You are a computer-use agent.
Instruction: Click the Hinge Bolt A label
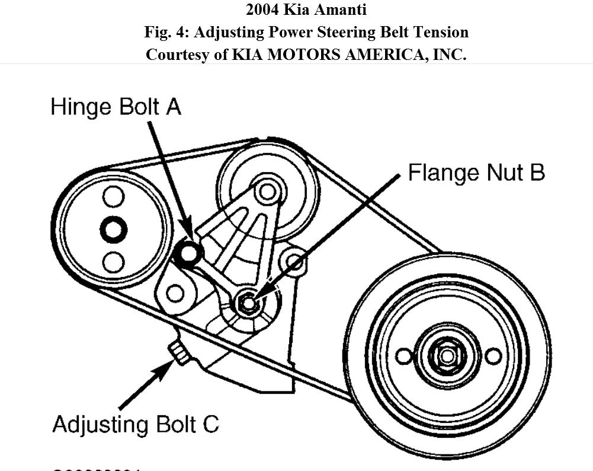pyautogui.click(x=116, y=107)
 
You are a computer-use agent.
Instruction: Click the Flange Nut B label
pyautogui.click(x=476, y=173)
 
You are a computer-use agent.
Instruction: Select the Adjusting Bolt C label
pyautogui.click(x=136, y=425)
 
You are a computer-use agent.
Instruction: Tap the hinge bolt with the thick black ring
pyautogui.click(x=189, y=253)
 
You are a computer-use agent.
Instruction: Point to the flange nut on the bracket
pyautogui.click(x=248, y=303)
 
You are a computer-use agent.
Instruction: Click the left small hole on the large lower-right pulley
pyautogui.click(x=403, y=356)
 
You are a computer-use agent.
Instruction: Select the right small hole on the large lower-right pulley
pyautogui.click(x=493, y=356)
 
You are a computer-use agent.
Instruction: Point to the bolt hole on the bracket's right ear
pyautogui.click(x=294, y=260)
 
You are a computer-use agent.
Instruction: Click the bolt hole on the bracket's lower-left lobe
pyautogui.click(x=174, y=292)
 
